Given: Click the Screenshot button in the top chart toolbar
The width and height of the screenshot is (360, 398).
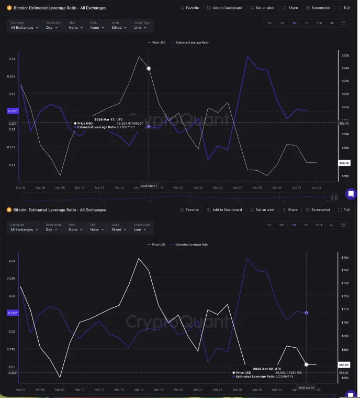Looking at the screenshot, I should pyautogui.click(x=318, y=8).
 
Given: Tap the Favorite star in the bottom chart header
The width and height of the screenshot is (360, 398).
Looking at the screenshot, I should pyautogui.click(x=189, y=209).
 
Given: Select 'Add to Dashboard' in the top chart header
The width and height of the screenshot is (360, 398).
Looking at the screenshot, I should pyautogui.click(x=224, y=8).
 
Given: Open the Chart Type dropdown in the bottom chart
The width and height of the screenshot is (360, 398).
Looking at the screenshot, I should pyautogui.click(x=142, y=229).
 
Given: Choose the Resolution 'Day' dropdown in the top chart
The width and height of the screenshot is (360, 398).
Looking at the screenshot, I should pyautogui.click(x=53, y=28).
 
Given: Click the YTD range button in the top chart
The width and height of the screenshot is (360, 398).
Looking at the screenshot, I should pyautogui.click(x=319, y=23).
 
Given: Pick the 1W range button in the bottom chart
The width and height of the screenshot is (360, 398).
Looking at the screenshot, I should pyautogui.click(x=282, y=225).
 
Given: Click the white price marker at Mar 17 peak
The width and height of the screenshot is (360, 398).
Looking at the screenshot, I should pyautogui.click(x=149, y=69).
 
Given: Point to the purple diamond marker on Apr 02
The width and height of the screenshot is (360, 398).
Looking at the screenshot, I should pyautogui.click(x=306, y=313).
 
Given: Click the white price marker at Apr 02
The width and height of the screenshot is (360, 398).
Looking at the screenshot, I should pyautogui.click(x=306, y=364).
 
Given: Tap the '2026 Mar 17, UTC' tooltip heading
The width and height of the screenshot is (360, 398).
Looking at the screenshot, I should pyautogui.click(x=109, y=119).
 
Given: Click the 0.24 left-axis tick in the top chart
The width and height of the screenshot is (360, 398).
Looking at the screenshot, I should pyautogui.click(x=12, y=59).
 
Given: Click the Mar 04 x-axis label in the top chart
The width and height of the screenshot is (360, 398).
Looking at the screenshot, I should pyautogui.click(x=20, y=187).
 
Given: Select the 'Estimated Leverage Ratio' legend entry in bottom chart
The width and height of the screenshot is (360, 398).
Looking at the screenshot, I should pyautogui.click(x=191, y=245).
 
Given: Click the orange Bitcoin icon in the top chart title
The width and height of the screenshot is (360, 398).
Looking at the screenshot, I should pyautogui.click(x=9, y=8).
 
